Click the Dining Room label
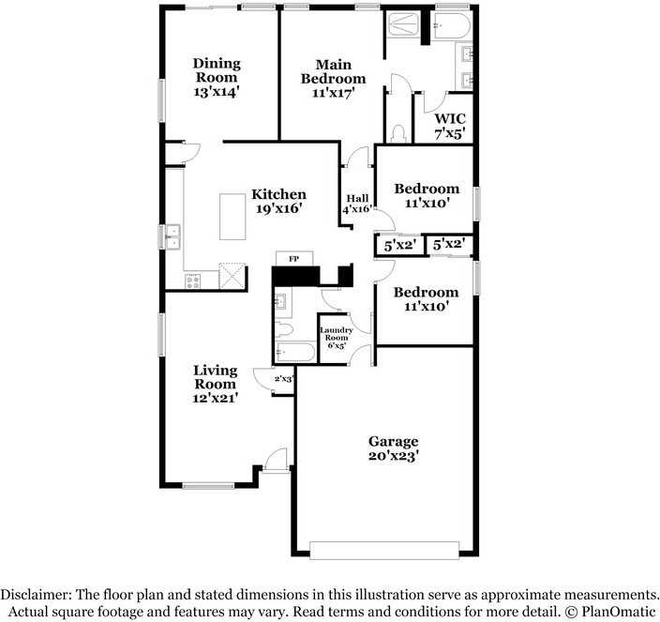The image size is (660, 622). click(217, 70)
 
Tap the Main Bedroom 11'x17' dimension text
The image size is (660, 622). click(334, 93)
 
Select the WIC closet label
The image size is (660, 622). click(450, 119)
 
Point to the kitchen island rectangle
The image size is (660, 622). click(232, 217)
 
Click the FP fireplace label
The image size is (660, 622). click(293, 259)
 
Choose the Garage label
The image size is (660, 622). click(393, 441)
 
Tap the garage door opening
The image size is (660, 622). click(384, 550)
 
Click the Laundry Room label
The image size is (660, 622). click(336, 334)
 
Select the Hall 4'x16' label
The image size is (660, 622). click(357, 204)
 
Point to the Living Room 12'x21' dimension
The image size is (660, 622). click(216, 398)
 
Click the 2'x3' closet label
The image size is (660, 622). click(284, 379)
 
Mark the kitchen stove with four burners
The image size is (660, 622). click(192, 281)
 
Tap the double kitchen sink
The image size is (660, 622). click(173, 236)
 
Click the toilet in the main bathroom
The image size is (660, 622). click(397, 133)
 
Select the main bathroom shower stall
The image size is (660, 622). click(403, 25)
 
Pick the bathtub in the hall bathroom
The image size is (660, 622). click(294, 352)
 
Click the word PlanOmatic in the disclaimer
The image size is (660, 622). click(619, 611)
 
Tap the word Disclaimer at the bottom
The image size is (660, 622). click(36, 594)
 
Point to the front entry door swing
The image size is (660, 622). click(277, 459)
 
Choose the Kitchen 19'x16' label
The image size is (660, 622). click(278, 202)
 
